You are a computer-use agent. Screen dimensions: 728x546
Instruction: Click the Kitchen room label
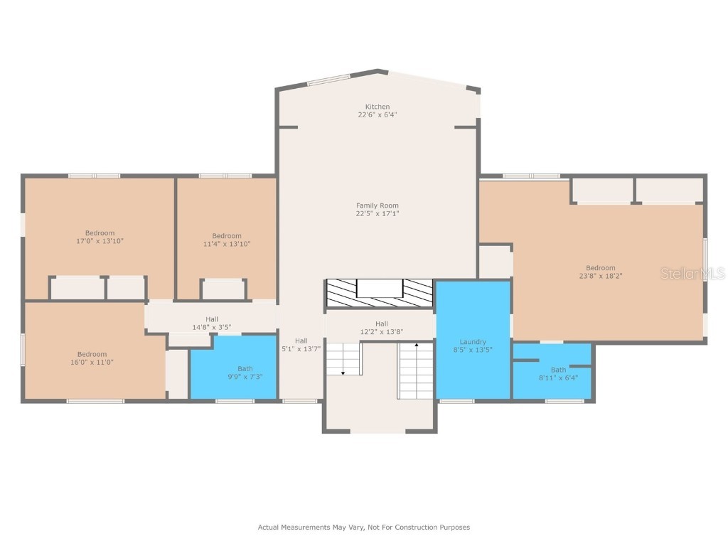tap(377, 107)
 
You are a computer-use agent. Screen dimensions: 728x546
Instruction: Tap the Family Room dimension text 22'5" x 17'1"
tap(377, 213)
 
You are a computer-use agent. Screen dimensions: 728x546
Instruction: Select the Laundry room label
tap(473, 342)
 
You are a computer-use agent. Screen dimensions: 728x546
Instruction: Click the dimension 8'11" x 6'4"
tap(558, 378)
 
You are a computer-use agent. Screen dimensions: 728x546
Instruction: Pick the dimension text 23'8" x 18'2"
tap(600, 276)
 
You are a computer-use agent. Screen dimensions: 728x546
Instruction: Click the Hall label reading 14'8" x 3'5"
tap(212, 323)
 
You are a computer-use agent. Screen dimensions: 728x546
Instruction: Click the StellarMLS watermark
tap(692, 274)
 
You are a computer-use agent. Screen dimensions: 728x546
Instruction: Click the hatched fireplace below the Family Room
tap(380, 293)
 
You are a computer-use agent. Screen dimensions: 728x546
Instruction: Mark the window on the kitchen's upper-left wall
tap(328, 80)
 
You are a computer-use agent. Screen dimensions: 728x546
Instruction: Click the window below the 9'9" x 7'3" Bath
tap(235, 401)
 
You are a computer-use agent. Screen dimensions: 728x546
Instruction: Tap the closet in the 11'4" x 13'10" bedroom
tap(223, 289)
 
